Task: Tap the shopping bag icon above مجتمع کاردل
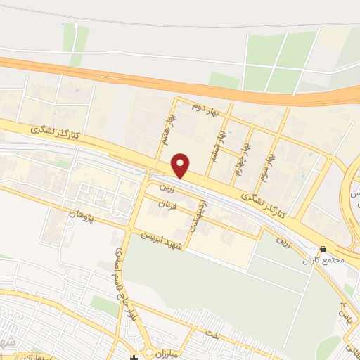point(323,249)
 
